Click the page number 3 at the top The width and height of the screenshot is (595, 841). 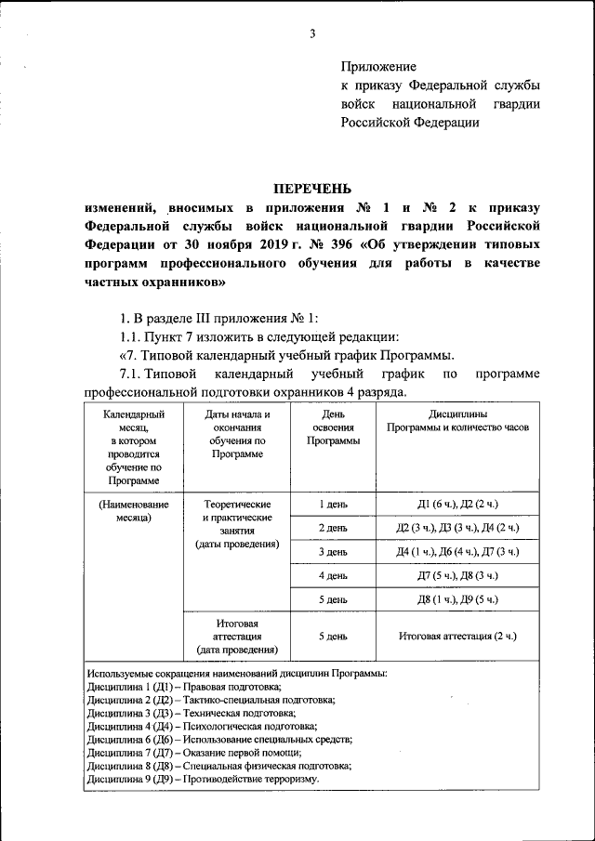313,34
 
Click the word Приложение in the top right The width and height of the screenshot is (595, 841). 378,67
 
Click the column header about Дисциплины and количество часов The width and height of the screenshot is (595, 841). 457,420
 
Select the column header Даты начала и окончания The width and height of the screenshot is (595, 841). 237,434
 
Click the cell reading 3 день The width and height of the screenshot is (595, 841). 334,552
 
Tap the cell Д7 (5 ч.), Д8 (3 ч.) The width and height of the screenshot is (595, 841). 458,576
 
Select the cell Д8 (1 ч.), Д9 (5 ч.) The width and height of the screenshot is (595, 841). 458,600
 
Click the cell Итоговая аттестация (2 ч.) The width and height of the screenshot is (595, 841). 458,637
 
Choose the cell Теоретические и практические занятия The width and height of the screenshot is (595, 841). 237,523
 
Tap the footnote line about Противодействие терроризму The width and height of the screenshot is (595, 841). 202,779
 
